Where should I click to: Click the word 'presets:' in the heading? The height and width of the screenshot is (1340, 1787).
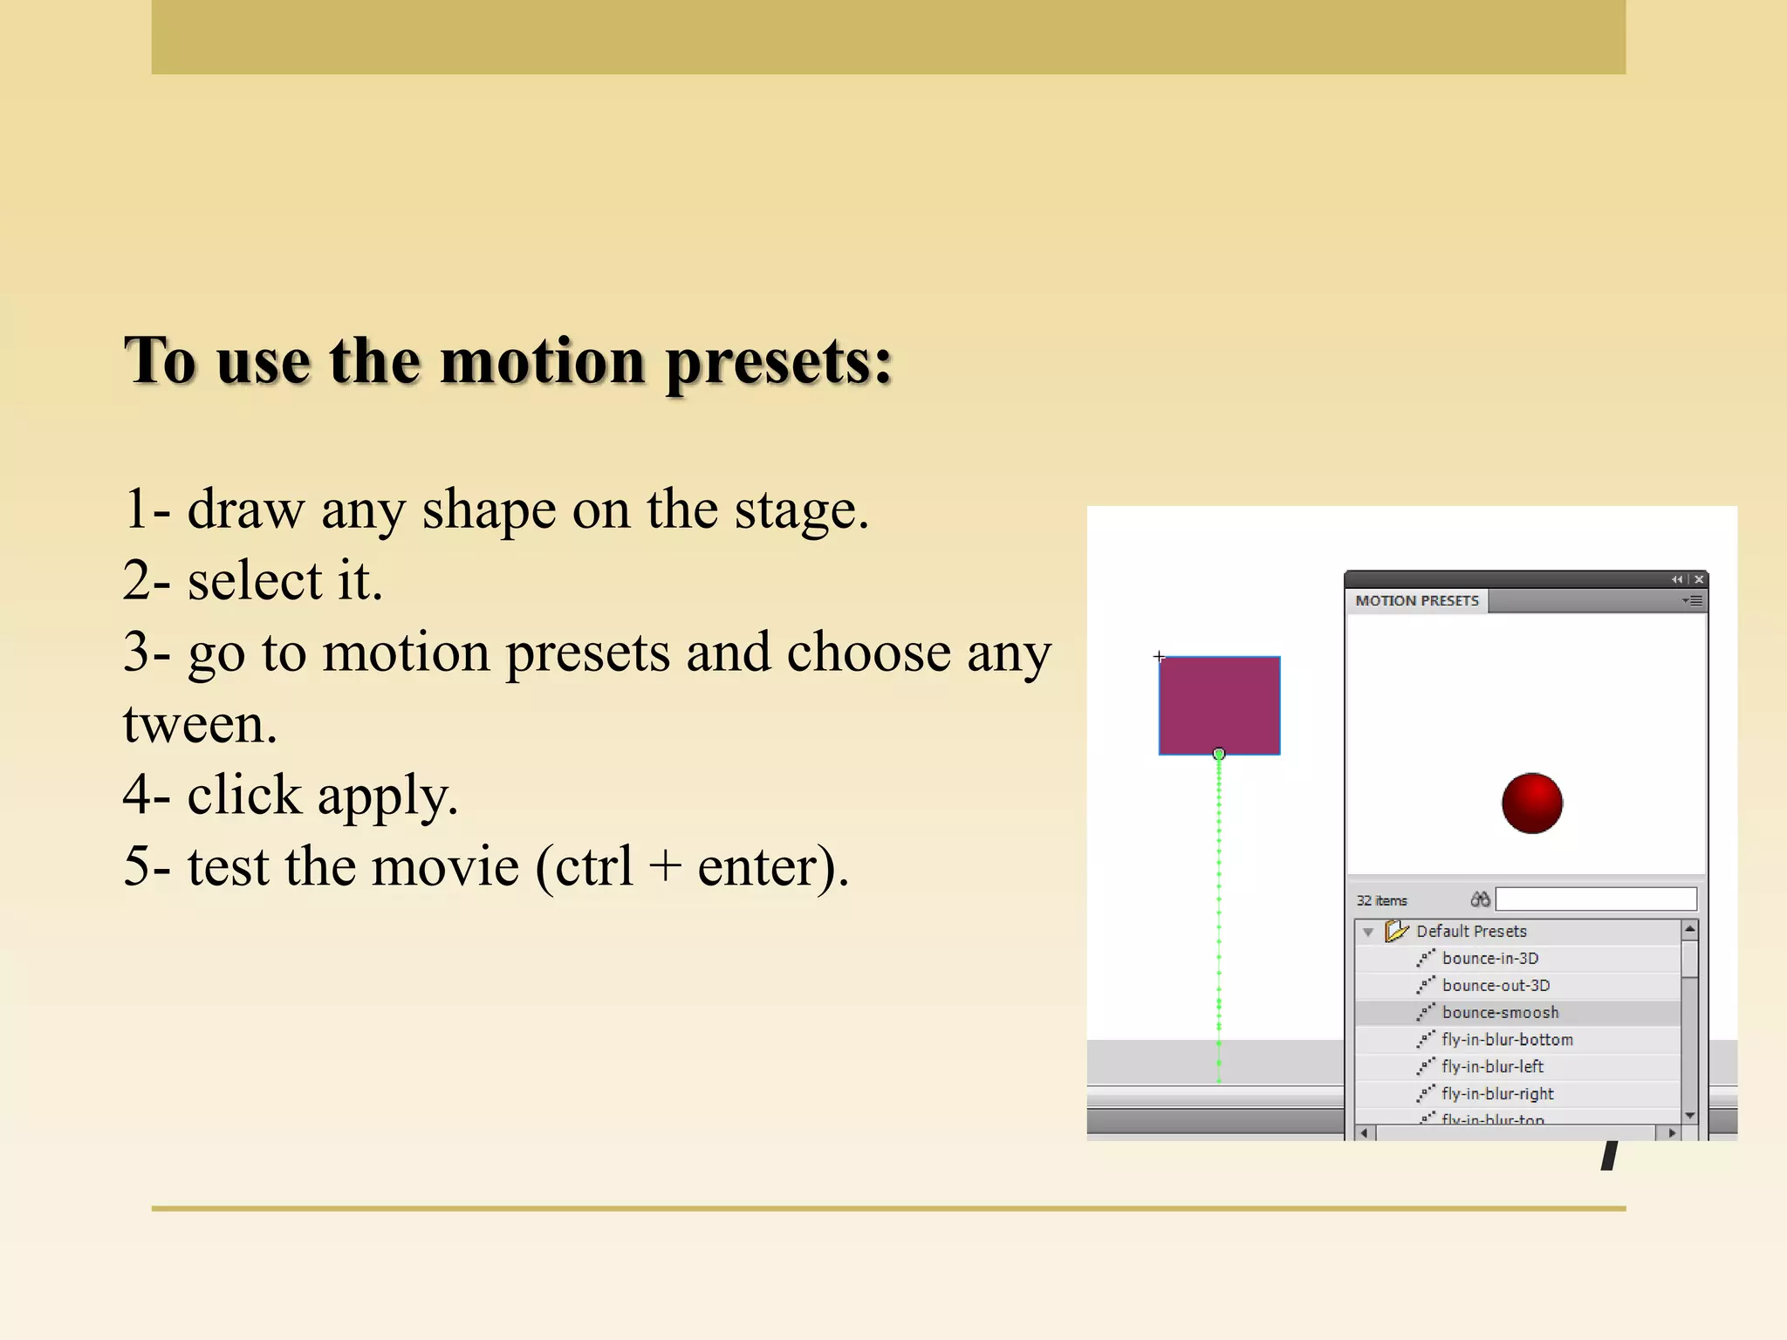click(x=778, y=361)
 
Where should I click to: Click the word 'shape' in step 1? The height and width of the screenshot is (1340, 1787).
click(x=489, y=509)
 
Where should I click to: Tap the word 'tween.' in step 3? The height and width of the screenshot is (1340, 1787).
click(x=200, y=724)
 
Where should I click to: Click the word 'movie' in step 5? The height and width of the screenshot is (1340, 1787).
click(x=445, y=867)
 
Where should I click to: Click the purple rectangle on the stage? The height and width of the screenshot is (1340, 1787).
click(x=1219, y=705)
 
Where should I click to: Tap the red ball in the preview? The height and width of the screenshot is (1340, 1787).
click(x=1531, y=803)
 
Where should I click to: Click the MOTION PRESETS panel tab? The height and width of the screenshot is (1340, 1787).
click(x=1416, y=601)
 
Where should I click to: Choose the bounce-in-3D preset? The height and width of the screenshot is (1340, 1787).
click(x=1489, y=959)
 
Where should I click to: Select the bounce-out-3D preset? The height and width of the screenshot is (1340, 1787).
click(x=1496, y=986)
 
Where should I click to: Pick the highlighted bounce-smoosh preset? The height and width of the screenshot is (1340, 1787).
click(x=1500, y=1013)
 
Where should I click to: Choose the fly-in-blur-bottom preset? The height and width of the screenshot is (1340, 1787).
click(x=1507, y=1040)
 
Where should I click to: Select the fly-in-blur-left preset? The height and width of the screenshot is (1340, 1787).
click(x=1492, y=1067)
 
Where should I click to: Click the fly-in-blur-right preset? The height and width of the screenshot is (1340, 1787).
click(x=1497, y=1094)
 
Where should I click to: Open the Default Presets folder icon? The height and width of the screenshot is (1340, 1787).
click(x=1396, y=931)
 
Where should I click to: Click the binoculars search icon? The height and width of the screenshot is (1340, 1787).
click(x=1480, y=899)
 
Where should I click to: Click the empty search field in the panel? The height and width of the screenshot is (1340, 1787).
click(x=1596, y=899)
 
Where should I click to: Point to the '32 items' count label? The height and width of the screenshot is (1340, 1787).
click(x=1381, y=901)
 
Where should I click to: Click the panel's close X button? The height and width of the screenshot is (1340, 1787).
click(x=1699, y=579)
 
